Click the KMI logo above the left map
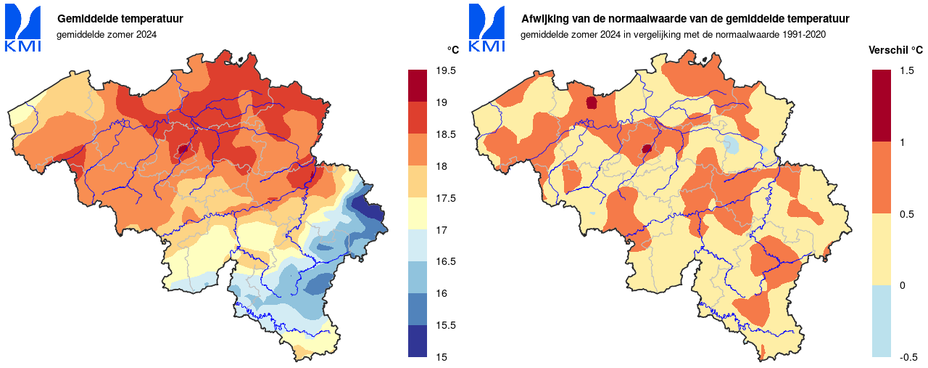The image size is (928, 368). coord(22,28)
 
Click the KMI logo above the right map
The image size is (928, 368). coord(486,28)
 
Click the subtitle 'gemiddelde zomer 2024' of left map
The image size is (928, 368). coord(107,34)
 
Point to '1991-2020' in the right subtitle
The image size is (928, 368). coord(805,34)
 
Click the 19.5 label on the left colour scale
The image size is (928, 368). coord(446,71)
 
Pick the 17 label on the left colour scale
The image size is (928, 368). coord(441,230)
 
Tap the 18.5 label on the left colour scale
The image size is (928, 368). coord(446,135)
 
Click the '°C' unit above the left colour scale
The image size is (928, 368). coord(452,50)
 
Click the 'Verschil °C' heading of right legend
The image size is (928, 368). coord(895,51)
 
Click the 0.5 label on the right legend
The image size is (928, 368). coord(906,214)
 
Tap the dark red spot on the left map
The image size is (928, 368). coord(183,149)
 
